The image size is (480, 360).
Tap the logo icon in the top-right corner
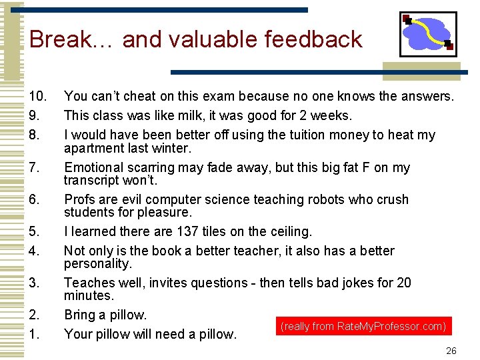[428, 34]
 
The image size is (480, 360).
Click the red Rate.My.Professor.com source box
[363, 327]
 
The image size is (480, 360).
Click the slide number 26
[451, 351]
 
